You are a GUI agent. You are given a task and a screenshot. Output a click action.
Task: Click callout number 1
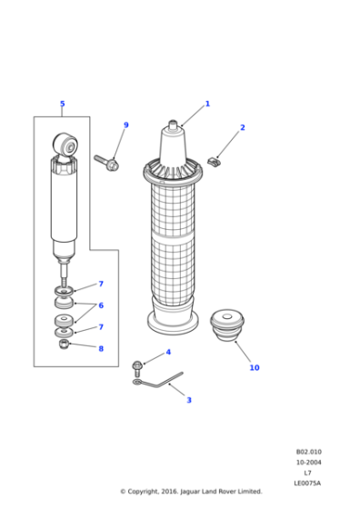click(207, 104)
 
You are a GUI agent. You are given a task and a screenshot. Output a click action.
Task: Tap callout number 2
click(243, 127)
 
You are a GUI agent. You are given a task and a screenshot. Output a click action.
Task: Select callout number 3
click(188, 400)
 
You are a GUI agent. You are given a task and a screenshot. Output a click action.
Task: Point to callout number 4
click(167, 353)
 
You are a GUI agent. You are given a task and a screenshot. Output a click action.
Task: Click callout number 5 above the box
click(62, 105)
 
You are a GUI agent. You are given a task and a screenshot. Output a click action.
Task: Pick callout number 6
click(101, 305)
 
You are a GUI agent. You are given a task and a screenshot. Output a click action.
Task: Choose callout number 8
click(101, 348)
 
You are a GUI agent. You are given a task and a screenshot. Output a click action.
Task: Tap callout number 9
click(125, 125)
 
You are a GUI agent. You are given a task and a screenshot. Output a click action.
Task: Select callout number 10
click(255, 368)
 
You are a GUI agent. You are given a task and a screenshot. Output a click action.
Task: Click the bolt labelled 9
click(106, 163)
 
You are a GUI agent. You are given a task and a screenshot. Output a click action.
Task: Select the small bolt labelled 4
click(137, 365)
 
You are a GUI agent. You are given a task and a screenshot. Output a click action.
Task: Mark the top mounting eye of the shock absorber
click(64, 143)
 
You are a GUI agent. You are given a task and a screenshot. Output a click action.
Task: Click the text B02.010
click(308, 452)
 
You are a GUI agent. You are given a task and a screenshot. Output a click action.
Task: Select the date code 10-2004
click(308, 463)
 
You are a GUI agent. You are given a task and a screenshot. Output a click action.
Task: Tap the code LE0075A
click(308, 483)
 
